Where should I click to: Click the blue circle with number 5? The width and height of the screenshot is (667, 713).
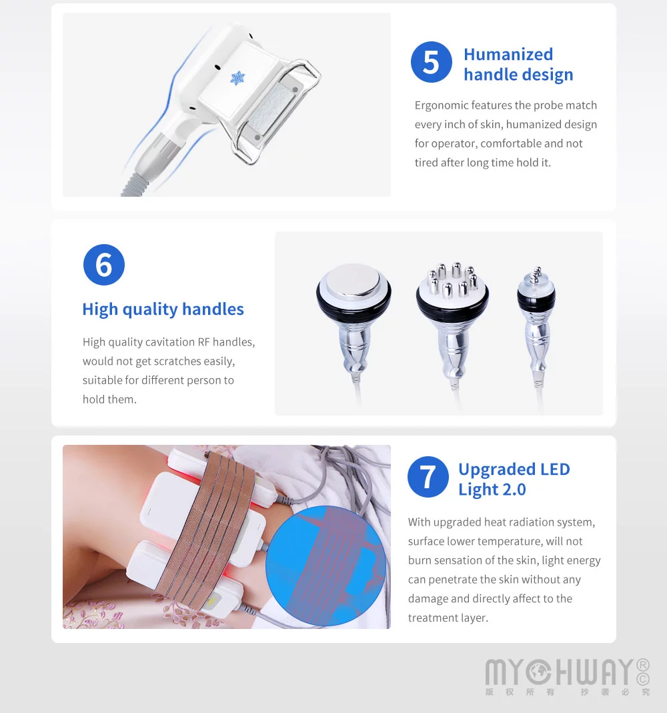pos(432,62)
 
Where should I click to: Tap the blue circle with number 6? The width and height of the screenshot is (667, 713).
pos(103,265)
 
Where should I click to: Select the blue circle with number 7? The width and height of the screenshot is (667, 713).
pos(428,477)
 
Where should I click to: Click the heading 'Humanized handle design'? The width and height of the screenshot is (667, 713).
pos(518,65)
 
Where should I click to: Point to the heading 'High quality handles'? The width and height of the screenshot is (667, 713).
pos(163,309)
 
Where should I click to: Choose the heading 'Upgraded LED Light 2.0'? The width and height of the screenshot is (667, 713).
pos(514,480)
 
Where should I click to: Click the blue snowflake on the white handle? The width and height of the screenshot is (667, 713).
pos(238,78)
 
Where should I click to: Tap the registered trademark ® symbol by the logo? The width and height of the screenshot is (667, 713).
pos(643,665)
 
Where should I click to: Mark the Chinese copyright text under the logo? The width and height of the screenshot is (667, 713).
pos(567,692)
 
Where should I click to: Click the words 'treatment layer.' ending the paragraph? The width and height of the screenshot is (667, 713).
pos(448,618)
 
